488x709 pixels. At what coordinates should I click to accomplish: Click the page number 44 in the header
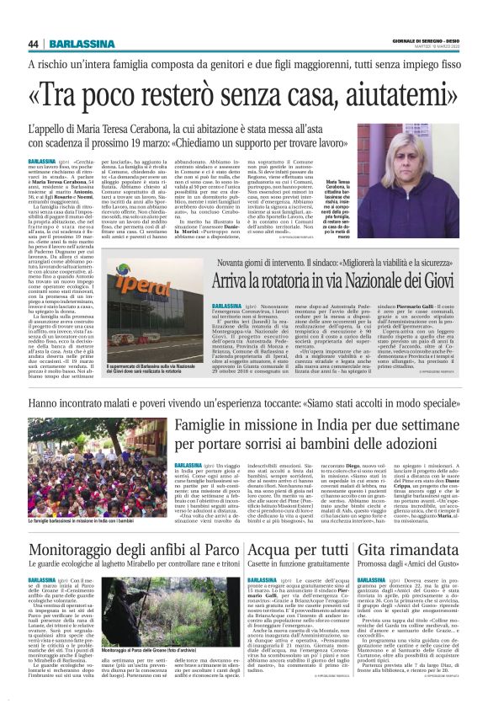pyautogui.click(x=34, y=45)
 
